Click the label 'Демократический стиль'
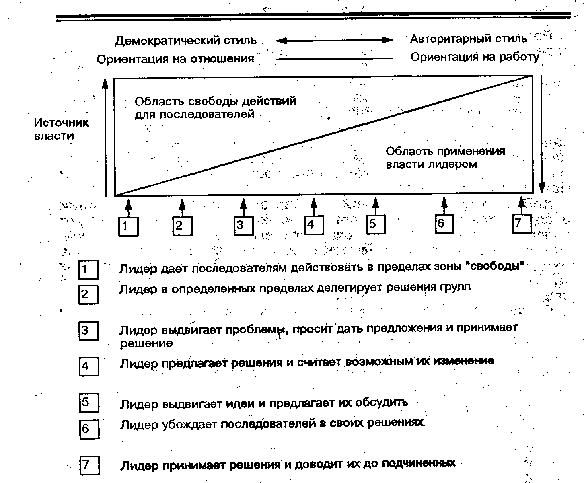[185, 41]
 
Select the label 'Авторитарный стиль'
[469, 39]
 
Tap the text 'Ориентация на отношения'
[175, 59]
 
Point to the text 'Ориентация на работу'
[475, 58]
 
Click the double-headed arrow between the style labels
[334, 40]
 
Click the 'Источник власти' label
[61, 129]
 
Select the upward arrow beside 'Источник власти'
[105, 137]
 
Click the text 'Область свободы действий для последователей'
[215, 107]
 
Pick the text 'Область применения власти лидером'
[445, 158]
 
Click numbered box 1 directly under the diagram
[128, 226]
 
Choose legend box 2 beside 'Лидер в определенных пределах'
[88, 294]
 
